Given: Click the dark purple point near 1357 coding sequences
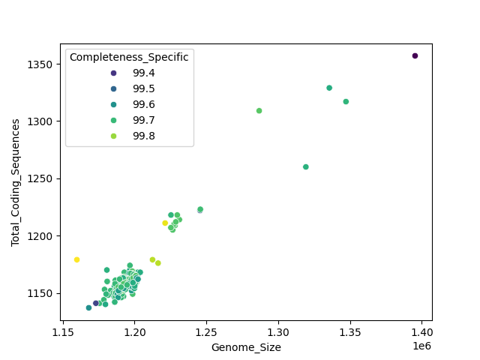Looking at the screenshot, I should coord(415,55).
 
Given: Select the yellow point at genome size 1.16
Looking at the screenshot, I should coord(76,259).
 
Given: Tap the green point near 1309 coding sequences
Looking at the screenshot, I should coord(259,111).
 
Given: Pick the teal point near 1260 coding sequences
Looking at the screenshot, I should coord(305,166).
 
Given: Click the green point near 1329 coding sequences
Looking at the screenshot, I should coord(328,88).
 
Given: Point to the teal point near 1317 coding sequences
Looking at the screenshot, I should coord(346,102).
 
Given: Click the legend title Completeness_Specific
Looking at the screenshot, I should coord(129,57).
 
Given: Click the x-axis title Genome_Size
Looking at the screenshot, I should coord(246,347).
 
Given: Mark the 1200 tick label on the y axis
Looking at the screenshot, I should coord(42,235).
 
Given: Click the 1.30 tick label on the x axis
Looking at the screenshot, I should coord(278,331).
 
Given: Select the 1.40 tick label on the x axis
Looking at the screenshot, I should coord(421,331).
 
